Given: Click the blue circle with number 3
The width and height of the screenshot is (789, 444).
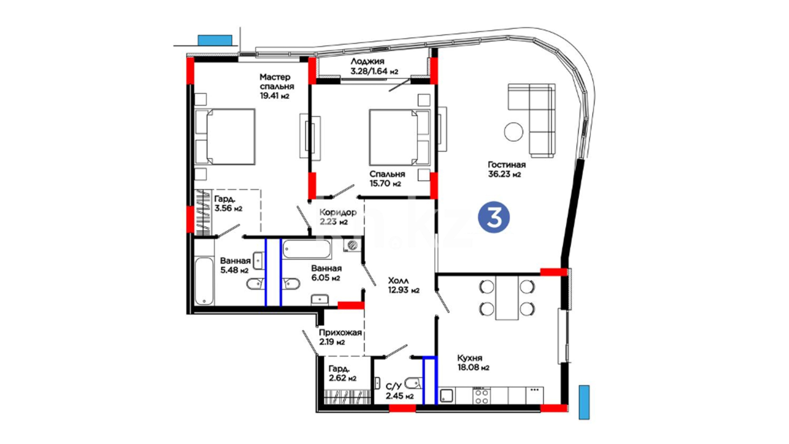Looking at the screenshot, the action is pos(494,217).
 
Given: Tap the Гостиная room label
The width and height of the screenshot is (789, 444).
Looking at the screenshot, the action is pos(506,165).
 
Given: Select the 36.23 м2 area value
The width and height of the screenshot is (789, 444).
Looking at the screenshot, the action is pos(504,174).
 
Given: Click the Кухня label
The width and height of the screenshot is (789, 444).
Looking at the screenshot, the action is pos(470,358).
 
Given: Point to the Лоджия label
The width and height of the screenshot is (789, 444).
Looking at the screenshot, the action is pos(367,62).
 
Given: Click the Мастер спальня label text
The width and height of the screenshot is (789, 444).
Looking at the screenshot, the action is pos(277,82).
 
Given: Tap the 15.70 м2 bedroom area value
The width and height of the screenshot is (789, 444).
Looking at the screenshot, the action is pos(385,184).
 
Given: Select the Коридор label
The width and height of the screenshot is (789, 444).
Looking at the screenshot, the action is pos(338,213).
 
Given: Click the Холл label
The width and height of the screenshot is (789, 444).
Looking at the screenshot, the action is pos(399,281).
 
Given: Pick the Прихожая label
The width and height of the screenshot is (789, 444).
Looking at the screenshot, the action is pos(340,333).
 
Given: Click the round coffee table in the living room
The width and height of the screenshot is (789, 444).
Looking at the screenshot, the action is pos(514,132).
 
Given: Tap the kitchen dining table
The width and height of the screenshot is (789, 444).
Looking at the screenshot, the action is pos(507,298).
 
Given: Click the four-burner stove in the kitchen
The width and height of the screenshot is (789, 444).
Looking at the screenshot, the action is pos(481,396).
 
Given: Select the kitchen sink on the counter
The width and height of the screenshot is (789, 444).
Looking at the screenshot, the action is pos(446,396).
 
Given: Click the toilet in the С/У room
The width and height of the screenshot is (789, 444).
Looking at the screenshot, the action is pos(414,383).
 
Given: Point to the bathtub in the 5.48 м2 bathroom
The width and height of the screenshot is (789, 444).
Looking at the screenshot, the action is pos(204,281).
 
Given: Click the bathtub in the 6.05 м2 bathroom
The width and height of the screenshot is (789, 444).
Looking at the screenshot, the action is pos(307,250).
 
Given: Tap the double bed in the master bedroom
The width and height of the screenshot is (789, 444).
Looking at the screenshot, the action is pos(225,137).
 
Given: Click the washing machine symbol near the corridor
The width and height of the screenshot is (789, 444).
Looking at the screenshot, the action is pos(352,245).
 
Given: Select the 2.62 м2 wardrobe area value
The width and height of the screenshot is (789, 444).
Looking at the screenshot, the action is pos(342,378).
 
